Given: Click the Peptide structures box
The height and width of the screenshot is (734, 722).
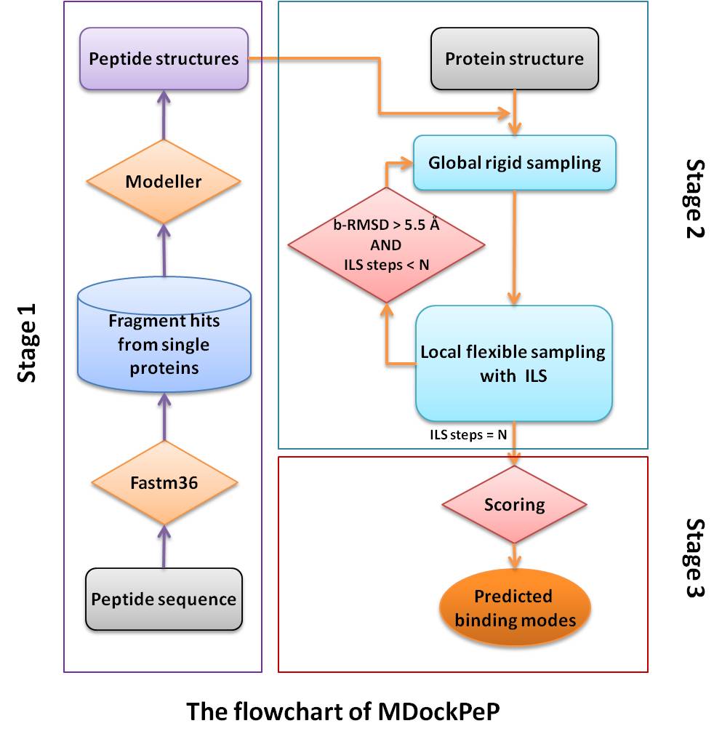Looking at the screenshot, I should (x=164, y=59).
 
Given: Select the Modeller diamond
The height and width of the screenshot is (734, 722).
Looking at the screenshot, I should (x=164, y=181).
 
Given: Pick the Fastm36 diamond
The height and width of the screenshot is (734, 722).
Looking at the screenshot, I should (x=164, y=482).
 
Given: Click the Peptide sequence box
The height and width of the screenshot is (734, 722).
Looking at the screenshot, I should (x=164, y=599).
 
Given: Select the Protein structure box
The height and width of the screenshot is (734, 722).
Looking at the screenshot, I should (x=514, y=58).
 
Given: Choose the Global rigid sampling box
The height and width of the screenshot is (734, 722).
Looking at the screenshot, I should (x=514, y=161).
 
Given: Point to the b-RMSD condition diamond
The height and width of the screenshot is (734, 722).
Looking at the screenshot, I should (x=385, y=245).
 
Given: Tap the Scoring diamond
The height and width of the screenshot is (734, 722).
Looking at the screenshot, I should (x=515, y=504).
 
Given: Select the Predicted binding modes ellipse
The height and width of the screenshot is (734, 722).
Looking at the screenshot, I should (x=513, y=608).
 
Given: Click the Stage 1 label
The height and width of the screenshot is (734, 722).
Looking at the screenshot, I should (x=28, y=343).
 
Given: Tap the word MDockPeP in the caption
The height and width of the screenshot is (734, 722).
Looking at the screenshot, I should (x=438, y=711).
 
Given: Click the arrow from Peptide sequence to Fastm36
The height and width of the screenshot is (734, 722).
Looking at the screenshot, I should (x=164, y=546).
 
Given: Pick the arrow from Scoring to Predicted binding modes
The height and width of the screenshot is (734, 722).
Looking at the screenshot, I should (x=515, y=554).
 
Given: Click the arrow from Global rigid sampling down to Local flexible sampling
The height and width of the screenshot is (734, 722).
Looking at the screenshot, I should (x=515, y=247).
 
